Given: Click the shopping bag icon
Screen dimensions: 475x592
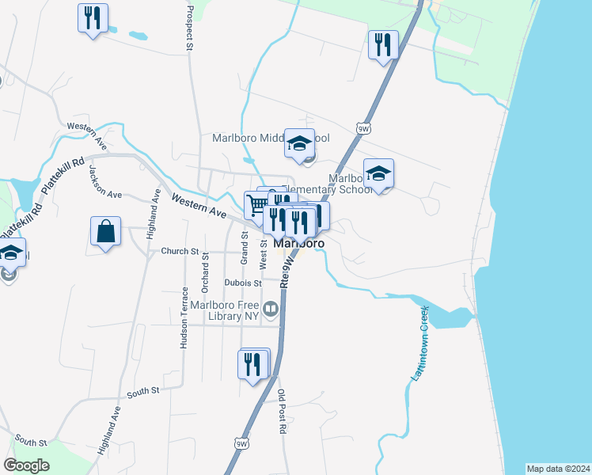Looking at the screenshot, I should (x=105, y=232).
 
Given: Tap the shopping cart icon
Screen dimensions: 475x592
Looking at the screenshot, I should (x=257, y=205).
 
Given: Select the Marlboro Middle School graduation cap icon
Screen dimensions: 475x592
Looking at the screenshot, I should (x=300, y=143).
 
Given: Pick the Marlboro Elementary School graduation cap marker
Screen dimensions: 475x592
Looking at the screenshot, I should (x=379, y=173).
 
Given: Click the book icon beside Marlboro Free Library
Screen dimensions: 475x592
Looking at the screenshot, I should (x=271, y=309).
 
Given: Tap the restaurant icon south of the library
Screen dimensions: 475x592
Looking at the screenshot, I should (x=252, y=365).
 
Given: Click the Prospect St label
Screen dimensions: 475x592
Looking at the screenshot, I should (x=189, y=28).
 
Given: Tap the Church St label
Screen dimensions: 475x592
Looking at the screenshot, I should (x=180, y=252).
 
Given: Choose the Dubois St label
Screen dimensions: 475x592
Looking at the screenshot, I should (x=242, y=283).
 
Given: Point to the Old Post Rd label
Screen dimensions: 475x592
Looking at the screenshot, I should (x=282, y=412).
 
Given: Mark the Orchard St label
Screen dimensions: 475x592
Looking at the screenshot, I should (x=205, y=270).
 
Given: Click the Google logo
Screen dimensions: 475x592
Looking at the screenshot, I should (x=26, y=465).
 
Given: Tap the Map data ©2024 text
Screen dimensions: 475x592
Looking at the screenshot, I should (x=558, y=469).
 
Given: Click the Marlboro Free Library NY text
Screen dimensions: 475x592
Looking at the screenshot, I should (x=226, y=310).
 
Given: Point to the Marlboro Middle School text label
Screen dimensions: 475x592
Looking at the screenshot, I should (x=271, y=138).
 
